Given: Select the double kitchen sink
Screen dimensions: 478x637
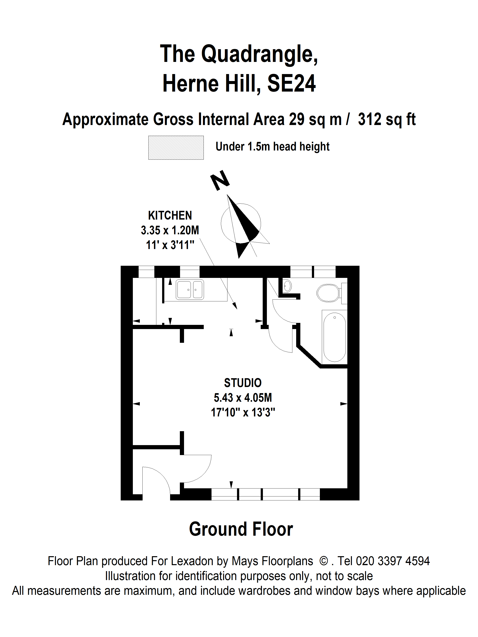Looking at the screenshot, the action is pos(190,289).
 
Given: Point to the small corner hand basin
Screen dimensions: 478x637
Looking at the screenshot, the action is pos(287,286).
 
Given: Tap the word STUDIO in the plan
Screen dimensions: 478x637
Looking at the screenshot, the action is pos(243,383).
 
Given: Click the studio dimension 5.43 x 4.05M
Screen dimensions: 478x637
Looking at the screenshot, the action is pos(243,398).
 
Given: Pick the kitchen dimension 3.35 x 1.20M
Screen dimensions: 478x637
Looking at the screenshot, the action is pos(170,230).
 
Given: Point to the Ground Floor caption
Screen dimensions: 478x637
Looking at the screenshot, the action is pos(241,529).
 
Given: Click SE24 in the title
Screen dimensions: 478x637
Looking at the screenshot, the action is pos(292,84).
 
